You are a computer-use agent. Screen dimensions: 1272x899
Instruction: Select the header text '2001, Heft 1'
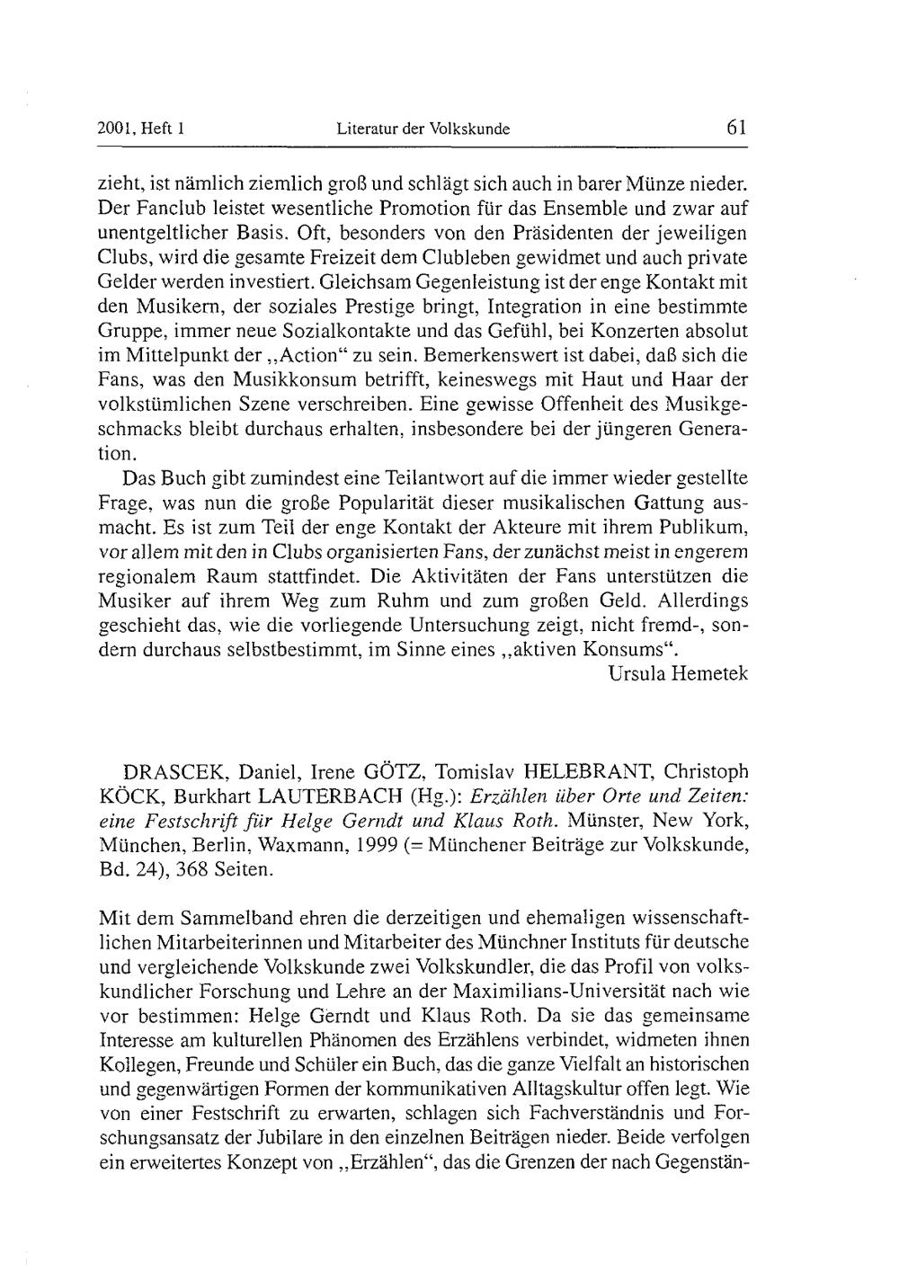pyautogui.click(x=140, y=129)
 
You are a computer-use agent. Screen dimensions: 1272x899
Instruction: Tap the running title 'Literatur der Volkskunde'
pyautogui.click(x=423, y=129)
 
